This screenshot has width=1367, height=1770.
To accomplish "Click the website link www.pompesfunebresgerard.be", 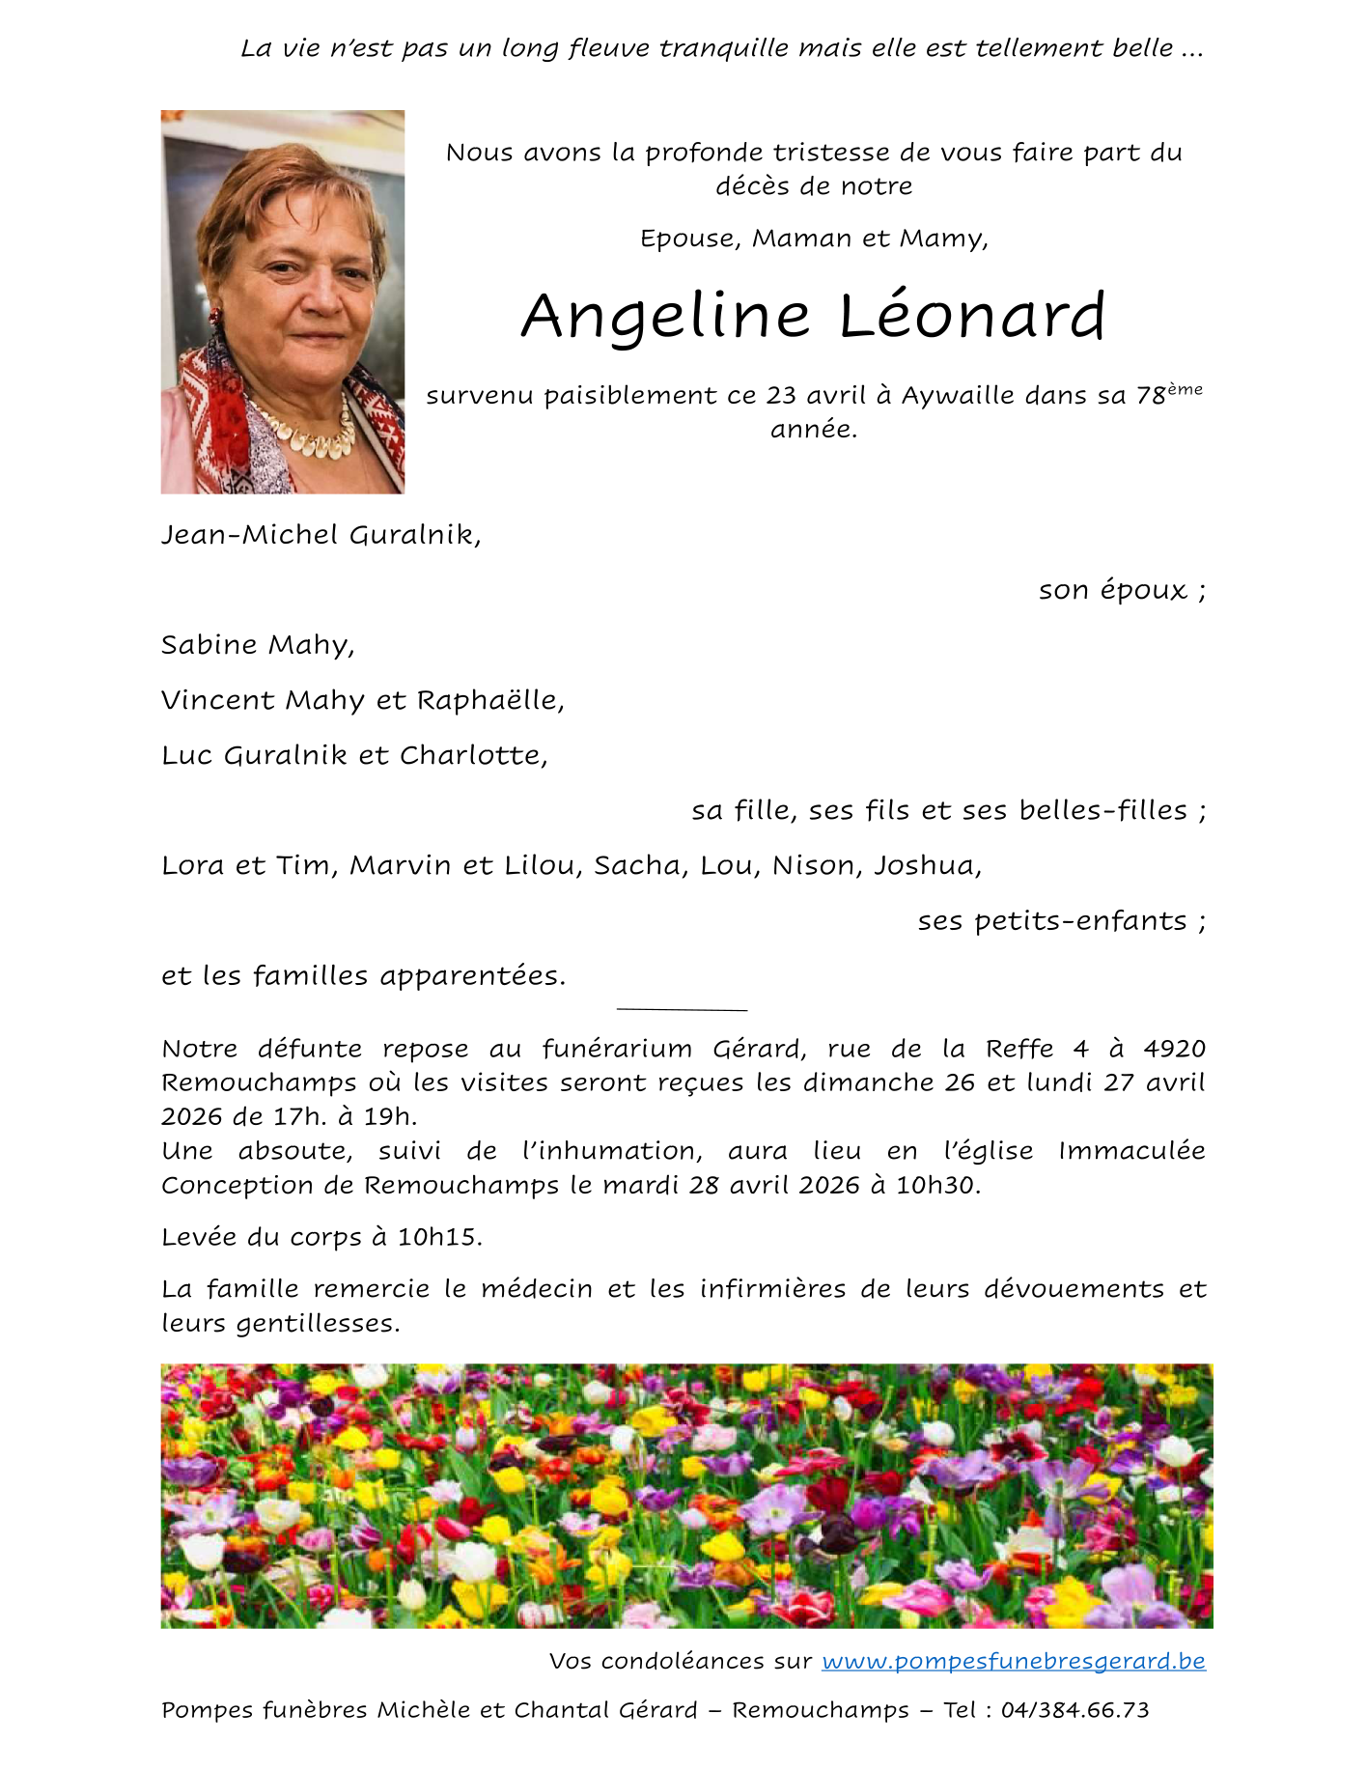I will [x=1013, y=1661].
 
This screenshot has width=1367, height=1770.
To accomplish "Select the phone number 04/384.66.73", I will [x=1074, y=1710].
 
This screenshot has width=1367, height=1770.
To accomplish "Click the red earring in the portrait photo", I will [x=214, y=316].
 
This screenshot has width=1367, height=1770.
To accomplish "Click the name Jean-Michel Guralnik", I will [x=320, y=535].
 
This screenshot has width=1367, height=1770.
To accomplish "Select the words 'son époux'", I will [x=1112, y=590].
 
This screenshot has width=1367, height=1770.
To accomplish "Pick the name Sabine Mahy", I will [x=257, y=645].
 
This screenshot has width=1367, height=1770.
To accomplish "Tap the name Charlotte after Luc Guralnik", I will [x=472, y=755].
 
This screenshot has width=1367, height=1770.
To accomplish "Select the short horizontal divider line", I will [x=682, y=1010].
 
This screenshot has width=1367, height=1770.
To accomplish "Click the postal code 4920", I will [x=1174, y=1049].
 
